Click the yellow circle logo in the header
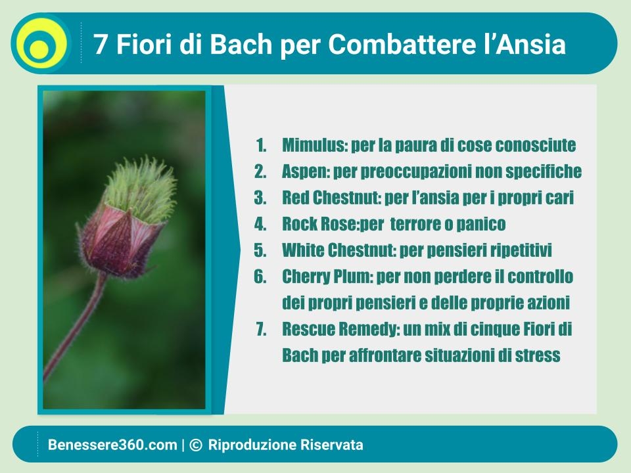(x=41, y=43)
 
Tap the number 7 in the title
(x=100, y=44)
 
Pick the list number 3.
(x=260, y=198)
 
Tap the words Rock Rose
(x=319, y=223)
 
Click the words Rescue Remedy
(x=340, y=329)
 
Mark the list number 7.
(x=261, y=329)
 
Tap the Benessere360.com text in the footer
(x=112, y=445)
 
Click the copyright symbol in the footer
(x=196, y=445)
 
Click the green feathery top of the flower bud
(x=141, y=189)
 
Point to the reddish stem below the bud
(x=76, y=326)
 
